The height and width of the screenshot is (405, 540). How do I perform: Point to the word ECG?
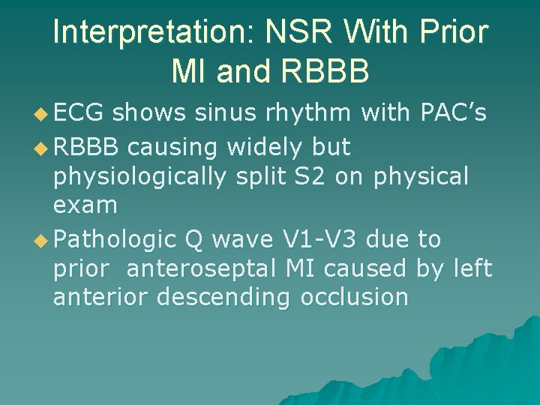(80, 112)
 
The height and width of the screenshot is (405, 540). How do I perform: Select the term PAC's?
(450, 112)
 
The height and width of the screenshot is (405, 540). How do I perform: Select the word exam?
(85, 204)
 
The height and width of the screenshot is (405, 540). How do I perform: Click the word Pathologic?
(115, 239)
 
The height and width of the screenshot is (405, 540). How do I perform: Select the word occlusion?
(354, 297)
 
